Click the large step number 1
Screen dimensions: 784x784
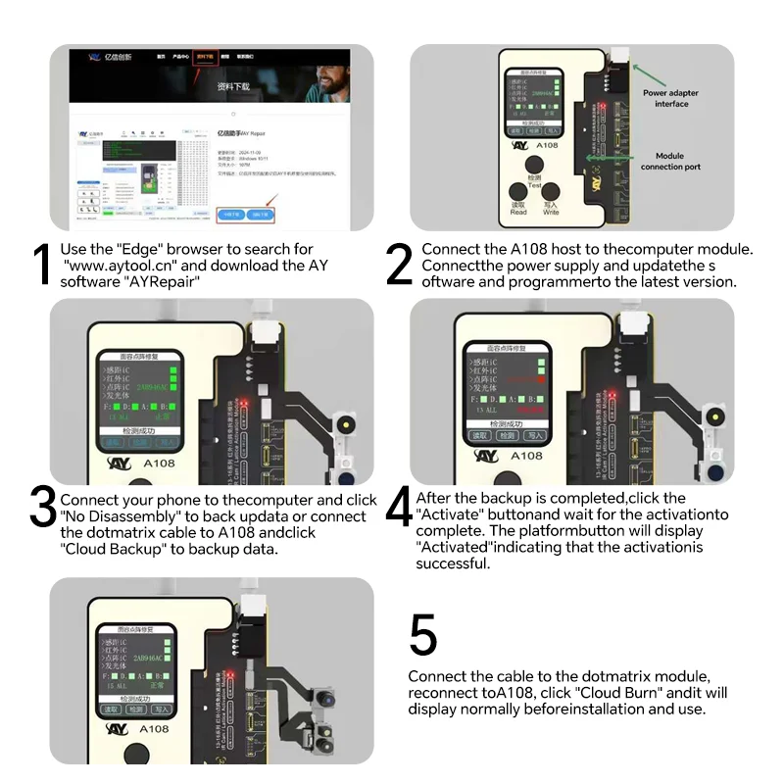pos(41,266)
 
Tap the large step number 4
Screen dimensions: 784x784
pos(398,508)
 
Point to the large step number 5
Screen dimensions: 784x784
pos(422,636)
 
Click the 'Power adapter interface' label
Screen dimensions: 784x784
pos(671,98)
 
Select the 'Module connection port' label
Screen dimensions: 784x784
pos(670,161)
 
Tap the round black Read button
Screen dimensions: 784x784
pos(518,195)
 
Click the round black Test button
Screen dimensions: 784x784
pos(534,167)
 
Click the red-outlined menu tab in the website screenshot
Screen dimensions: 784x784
pos(205,58)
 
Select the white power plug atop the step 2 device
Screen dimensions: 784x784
pos(619,56)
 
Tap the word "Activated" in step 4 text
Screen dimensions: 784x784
pos(451,547)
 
